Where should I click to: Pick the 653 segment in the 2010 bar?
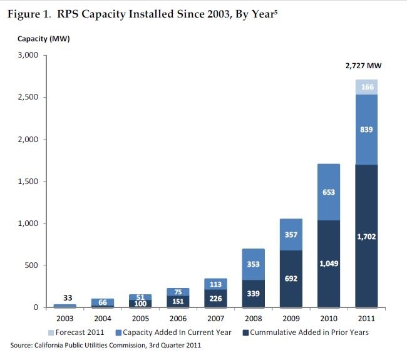pyautogui.click(x=329, y=192)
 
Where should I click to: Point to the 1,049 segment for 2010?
pyautogui.click(x=329, y=264)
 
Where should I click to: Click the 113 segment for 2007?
pyautogui.click(x=216, y=284)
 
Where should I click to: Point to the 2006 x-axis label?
pyautogui.click(x=178, y=318)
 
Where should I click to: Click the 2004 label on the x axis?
pyautogui.click(x=103, y=318)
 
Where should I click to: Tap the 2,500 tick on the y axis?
pyautogui.click(x=27, y=97)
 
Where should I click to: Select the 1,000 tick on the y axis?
pyautogui.click(x=27, y=224)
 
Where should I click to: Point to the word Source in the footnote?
pyautogui.click(x=23, y=346)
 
